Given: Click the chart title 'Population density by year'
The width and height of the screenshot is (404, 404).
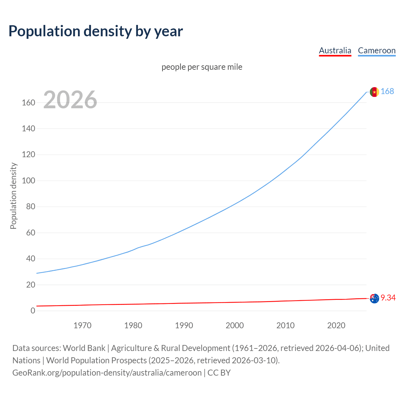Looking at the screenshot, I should pyautogui.click(x=96, y=31).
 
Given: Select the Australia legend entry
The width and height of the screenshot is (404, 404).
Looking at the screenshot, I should pyautogui.click(x=335, y=50).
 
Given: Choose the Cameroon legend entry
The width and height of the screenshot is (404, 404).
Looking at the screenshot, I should pyautogui.click(x=377, y=50).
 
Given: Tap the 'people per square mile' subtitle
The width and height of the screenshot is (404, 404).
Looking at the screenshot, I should pyautogui.click(x=202, y=67).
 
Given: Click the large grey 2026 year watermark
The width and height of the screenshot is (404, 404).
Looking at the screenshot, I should pyautogui.click(x=70, y=100).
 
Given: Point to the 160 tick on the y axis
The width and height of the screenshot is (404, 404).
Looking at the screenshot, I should pyautogui.click(x=28, y=103).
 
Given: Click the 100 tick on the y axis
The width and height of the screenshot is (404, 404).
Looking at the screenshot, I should pyautogui.click(x=28, y=181).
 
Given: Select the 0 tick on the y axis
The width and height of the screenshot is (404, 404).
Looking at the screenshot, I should pyautogui.click(x=33, y=311).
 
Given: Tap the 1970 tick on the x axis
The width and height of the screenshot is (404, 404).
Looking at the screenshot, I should pyautogui.click(x=82, y=325).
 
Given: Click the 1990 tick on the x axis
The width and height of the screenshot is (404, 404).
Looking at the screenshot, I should pyautogui.click(x=184, y=325).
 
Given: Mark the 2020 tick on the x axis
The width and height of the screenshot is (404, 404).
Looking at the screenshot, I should pyautogui.click(x=336, y=325).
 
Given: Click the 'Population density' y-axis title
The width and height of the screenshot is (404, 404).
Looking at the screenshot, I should pyautogui.click(x=13, y=196).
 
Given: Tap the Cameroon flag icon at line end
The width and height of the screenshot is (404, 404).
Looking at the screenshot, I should pyautogui.click(x=374, y=92).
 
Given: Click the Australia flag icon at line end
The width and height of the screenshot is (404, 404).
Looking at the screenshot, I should pyautogui.click(x=374, y=298).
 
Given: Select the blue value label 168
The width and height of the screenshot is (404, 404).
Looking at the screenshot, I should pyautogui.click(x=387, y=91).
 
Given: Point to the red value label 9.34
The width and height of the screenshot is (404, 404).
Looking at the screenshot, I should pyautogui.click(x=388, y=298).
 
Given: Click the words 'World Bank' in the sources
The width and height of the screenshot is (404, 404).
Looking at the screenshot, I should pyautogui.click(x=84, y=348).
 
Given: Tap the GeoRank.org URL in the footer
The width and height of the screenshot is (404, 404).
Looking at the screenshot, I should pyautogui.click(x=107, y=373).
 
